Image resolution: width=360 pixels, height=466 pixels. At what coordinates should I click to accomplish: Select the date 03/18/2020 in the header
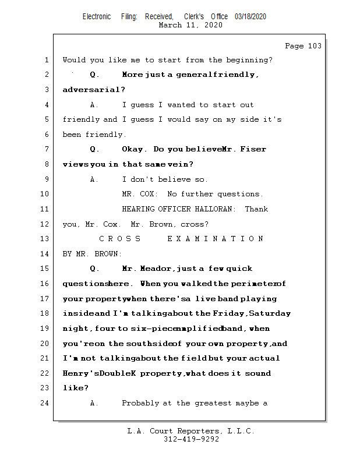tap(250, 17)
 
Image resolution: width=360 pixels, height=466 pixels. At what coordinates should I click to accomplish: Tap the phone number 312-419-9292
tap(191, 439)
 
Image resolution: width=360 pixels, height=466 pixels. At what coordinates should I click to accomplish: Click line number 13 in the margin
tap(46, 239)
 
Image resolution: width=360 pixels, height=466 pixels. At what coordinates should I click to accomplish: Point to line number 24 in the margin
tap(46, 403)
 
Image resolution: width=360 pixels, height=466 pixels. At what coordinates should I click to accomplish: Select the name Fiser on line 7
tap(254, 149)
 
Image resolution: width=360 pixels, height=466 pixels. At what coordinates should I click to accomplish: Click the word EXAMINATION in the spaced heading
tap(215, 239)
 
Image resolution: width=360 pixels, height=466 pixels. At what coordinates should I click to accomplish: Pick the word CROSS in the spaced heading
tap(120, 239)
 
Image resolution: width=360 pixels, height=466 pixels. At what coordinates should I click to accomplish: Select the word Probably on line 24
tap(140, 403)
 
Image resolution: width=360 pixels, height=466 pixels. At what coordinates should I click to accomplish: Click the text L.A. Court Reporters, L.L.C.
tap(191, 431)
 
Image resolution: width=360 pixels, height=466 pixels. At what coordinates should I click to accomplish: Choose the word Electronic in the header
tap(97, 17)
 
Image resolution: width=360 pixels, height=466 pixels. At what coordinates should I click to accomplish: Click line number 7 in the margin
tap(46, 149)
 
